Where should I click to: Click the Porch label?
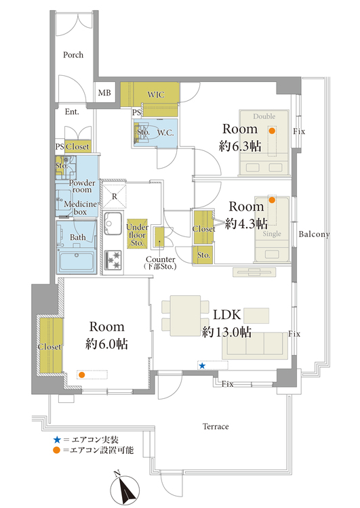73,55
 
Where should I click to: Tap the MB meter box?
104,93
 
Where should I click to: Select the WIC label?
156,95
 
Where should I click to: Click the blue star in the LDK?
202,366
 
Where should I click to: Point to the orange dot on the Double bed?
272,131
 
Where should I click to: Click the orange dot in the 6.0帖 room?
82,375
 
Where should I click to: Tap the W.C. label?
165,133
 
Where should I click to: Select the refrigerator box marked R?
114,196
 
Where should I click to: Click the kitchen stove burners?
113,260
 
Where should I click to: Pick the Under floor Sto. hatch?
137,234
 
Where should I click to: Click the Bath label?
78,238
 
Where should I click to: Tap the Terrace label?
216,426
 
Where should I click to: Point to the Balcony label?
314,234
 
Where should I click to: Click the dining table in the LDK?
185,316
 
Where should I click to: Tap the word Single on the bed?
272,234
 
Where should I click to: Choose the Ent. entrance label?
72,112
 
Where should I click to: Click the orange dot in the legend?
57,450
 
